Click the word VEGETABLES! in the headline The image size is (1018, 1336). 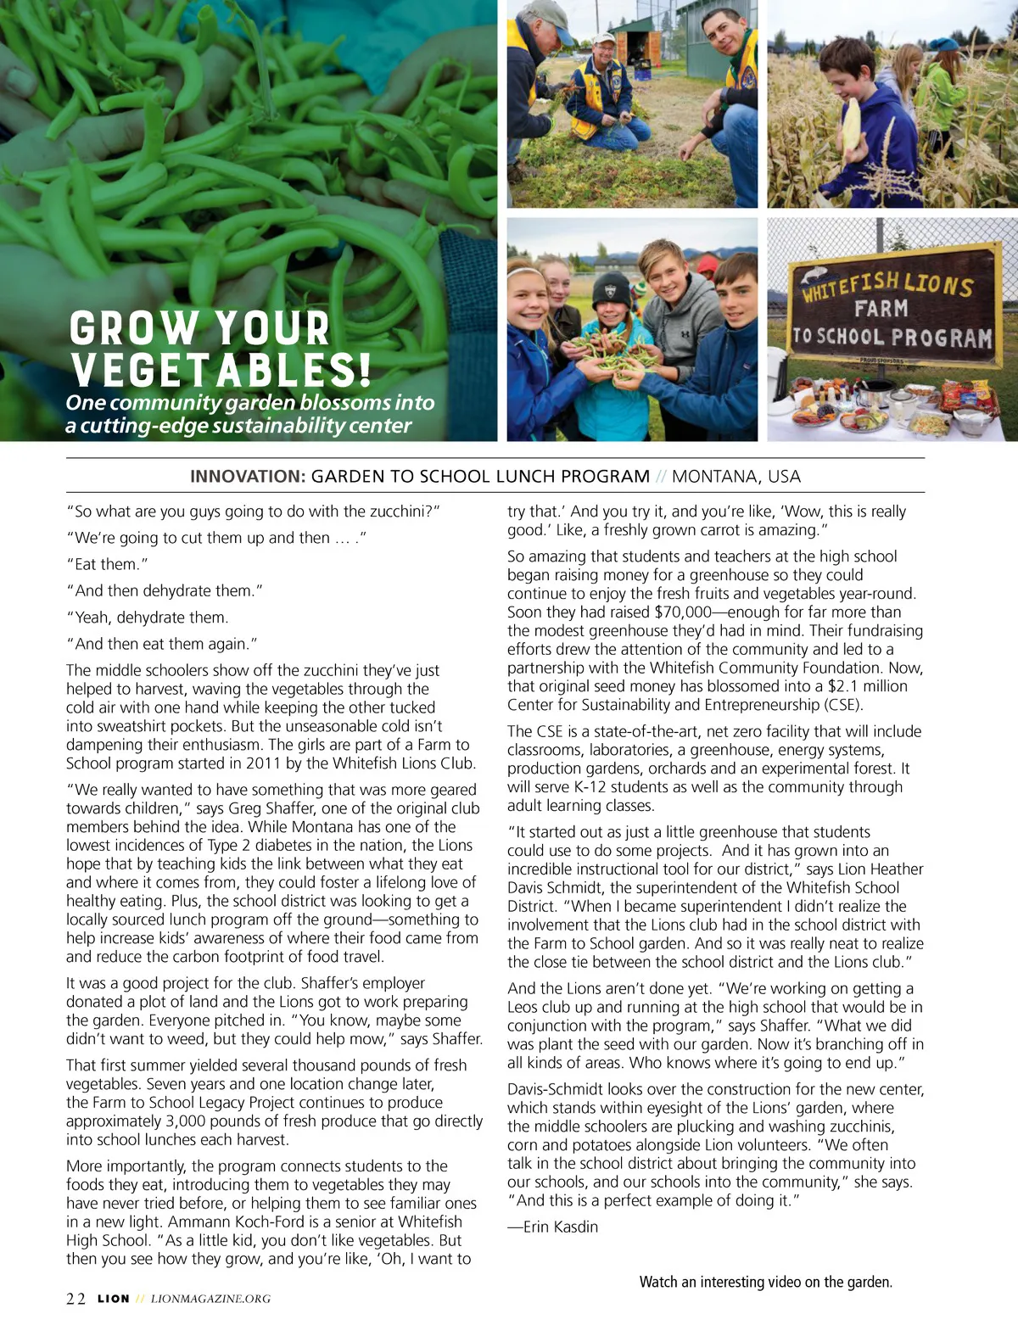point(221,371)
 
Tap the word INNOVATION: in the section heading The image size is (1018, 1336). point(247,477)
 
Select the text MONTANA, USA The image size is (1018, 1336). point(736,477)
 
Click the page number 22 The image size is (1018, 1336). point(76,1299)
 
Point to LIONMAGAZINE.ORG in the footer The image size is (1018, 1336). point(210,1299)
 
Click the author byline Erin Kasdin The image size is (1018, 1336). point(560,1227)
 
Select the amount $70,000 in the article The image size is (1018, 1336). point(683,612)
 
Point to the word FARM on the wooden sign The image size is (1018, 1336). point(881,309)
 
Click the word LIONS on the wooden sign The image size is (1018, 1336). point(937,284)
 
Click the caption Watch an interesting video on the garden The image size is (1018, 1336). point(765,1282)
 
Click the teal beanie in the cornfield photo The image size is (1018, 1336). point(943,45)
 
